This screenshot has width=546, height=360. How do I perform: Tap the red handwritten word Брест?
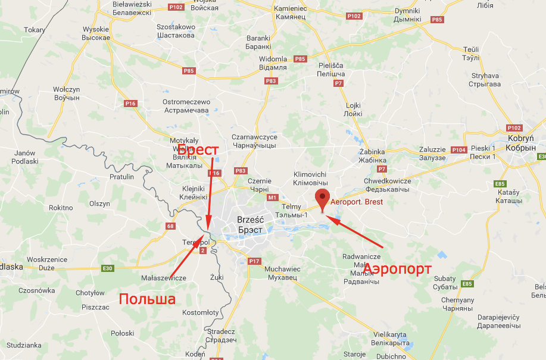198,151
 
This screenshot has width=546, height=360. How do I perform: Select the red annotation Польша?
147,299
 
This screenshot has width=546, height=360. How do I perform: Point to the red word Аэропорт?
397,269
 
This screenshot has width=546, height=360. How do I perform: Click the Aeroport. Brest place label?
357,202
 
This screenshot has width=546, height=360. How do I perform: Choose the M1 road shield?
273,197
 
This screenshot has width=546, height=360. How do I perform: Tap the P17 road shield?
254,261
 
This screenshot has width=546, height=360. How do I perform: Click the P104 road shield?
458,150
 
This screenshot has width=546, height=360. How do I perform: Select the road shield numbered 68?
170,226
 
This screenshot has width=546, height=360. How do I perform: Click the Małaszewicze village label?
164,278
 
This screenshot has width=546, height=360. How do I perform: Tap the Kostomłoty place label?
201,312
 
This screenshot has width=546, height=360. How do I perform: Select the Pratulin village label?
121,177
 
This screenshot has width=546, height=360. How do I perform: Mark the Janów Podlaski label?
24,157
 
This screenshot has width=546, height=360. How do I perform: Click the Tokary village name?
35,30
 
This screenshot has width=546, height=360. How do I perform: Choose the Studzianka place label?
26,345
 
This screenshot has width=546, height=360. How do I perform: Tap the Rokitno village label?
61,208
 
